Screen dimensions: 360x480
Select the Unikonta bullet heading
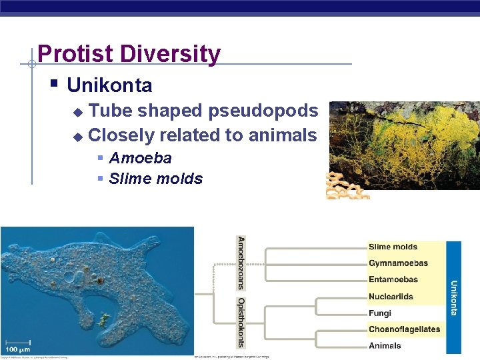109,86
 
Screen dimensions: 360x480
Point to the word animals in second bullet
283,135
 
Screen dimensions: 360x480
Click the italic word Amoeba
140,158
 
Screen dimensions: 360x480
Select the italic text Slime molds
155,179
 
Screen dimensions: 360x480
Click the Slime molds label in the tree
393,247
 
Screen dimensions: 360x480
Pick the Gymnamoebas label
398,263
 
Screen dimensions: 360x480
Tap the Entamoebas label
393,280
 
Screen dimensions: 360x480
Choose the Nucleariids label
391,297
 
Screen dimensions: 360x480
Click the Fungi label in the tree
379,313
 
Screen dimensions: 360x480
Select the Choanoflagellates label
404,329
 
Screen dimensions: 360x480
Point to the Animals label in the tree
385,345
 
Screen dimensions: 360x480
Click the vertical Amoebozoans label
241,263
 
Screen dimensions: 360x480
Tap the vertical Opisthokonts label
241,323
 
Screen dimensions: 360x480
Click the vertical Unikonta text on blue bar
454,297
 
